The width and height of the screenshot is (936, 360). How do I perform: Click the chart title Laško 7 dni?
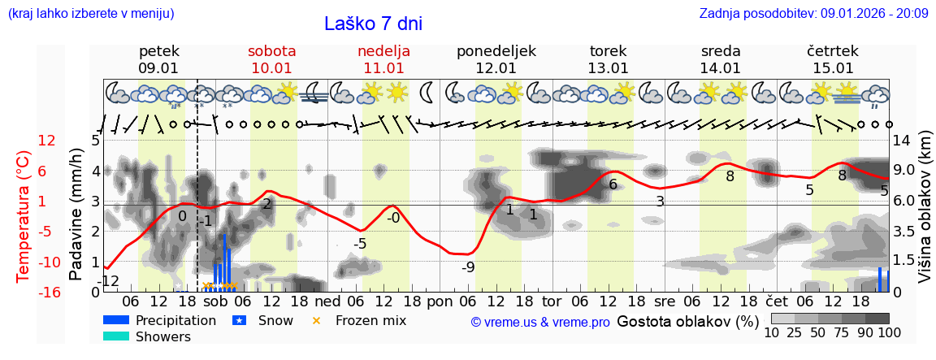[x=373, y=24]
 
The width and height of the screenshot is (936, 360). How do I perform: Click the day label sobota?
[x=271, y=50]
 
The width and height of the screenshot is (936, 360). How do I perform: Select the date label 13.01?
[x=609, y=68]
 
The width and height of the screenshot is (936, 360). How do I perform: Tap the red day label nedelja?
[x=383, y=50]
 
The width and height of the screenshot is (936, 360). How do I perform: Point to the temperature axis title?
[x=23, y=216]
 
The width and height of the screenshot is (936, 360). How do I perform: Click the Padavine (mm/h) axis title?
[x=76, y=215]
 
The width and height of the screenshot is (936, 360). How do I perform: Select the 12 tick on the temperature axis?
[x=47, y=141]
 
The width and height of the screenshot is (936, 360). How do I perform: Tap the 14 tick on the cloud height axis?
[x=903, y=141]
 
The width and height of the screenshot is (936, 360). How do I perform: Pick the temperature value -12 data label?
[x=109, y=281]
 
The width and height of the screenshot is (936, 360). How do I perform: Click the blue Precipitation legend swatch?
[x=116, y=320]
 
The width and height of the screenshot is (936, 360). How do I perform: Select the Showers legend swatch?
[x=116, y=336]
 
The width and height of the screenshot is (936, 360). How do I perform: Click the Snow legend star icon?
[x=239, y=320]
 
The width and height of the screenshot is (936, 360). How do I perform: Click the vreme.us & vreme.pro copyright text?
[x=540, y=322]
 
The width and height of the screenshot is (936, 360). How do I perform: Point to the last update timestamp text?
[x=813, y=14]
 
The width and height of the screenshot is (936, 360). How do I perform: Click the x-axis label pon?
[x=439, y=302]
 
